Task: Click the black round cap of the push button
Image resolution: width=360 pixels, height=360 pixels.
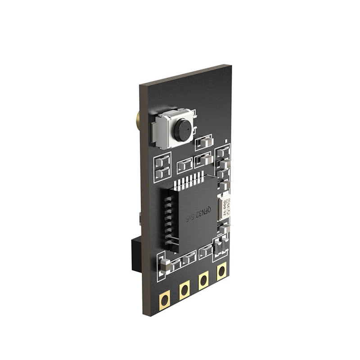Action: tap(182, 130)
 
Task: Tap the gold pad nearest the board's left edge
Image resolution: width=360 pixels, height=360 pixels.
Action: tap(165, 299)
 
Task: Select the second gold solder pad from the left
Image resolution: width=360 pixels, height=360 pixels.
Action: tap(184, 290)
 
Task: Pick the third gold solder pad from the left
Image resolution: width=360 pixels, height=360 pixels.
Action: tap(203, 281)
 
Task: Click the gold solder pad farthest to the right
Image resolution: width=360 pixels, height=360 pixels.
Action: tap(221, 271)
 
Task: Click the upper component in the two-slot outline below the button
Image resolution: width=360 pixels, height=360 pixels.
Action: tap(162, 162)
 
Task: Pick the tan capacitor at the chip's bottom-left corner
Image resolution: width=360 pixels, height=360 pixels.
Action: tap(165, 265)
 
